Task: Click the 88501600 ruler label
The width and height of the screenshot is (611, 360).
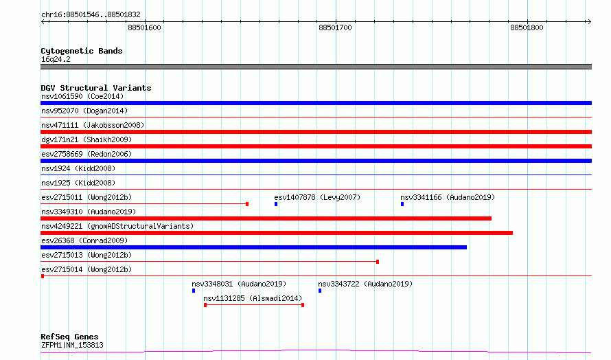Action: click(144, 27)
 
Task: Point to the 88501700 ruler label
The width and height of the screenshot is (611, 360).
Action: click(335, 27)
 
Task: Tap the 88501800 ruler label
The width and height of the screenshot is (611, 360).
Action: click(527, 27)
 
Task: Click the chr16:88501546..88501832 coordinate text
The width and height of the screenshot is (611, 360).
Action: click(91, 15)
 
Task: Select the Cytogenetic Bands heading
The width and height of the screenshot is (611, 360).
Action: click(82, 51)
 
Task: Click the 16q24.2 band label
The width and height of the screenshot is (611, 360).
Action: click(56, 59)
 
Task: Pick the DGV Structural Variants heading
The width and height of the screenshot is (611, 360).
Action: click(96, 88)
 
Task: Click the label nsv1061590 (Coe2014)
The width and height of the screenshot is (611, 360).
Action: click(82, 96)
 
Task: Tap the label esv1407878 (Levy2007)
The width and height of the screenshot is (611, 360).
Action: click(317, 197)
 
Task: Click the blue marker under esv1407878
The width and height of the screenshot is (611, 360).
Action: click(276, 204)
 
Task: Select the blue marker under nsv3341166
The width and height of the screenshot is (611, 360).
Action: click(402, 204)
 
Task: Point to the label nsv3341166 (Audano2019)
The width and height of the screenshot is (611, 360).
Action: click(448, 197)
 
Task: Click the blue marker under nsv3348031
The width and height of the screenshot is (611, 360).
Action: click(194, 291)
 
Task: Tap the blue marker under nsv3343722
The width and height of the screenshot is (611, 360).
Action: click(320, 291)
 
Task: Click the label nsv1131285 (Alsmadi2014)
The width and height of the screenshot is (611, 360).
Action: click(253, 298)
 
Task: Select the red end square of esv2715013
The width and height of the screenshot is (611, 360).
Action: click(378, 262)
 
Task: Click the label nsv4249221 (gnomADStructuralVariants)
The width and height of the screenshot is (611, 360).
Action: click(117, 226)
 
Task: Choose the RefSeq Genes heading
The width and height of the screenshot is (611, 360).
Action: click(70, 337)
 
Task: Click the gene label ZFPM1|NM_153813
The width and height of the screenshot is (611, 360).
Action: click(72, 345)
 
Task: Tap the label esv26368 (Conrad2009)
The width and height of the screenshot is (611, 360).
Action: click(84, 240)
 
